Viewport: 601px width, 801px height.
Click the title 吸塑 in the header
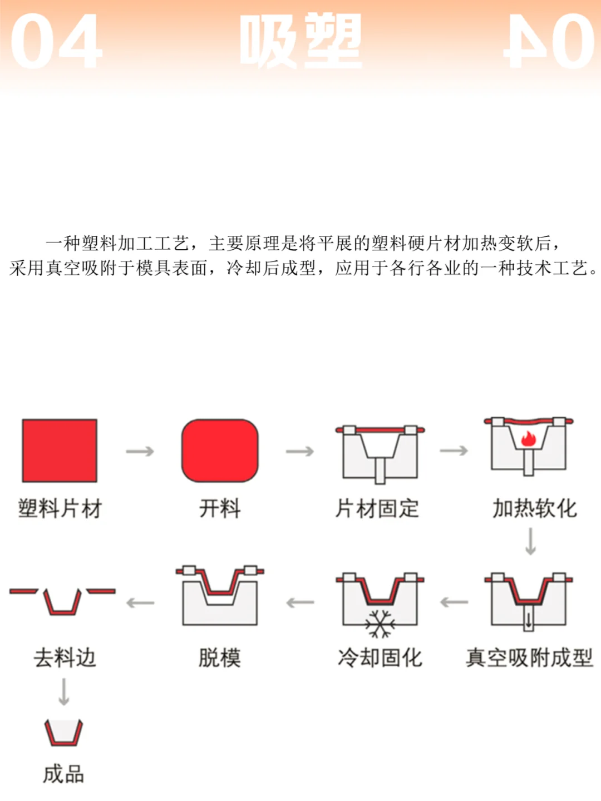coord(301,42)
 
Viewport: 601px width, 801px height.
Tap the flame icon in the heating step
coord(528,439)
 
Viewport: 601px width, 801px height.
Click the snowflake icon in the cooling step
coord(380,624)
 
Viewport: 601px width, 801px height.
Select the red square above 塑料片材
coord(60,451)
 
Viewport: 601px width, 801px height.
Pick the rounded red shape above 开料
coord(220,451)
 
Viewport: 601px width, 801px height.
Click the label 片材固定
coord(377,508)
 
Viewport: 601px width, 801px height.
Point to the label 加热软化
coord(534,508)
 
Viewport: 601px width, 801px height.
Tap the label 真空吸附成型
coord(529,657)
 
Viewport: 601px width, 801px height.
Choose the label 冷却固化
coord(380,657)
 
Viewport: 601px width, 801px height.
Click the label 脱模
coord(220,657)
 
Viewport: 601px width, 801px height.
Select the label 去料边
coord(65,657)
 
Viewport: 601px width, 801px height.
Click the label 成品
coord(63,774)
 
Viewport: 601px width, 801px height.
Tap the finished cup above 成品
coord(63,733)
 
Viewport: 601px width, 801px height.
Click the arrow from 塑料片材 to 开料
coord(140,451)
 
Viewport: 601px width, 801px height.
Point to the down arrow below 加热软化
coord(530,541)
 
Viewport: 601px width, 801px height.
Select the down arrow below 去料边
coord(64,692)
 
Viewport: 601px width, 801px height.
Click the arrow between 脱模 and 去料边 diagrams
coord(140,602)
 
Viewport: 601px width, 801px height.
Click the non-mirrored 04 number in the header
coord(56,42)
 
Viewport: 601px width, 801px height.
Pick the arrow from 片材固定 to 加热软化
coord(454,451)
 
